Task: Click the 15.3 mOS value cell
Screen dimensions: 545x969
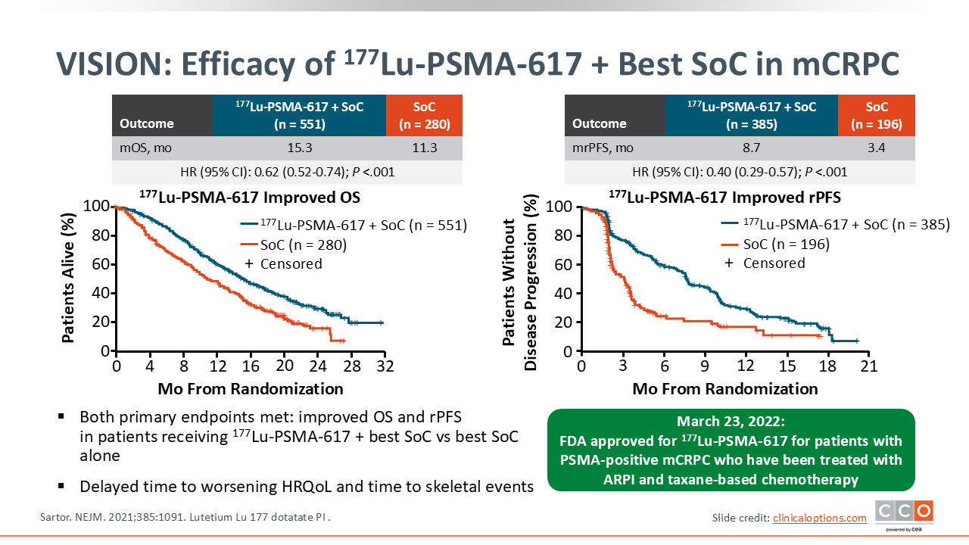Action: (299, 148)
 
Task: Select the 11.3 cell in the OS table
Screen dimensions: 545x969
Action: (424, 148)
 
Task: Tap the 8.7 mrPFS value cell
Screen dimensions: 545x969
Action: (752, 148)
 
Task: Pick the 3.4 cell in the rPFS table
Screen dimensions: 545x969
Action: (877, 148)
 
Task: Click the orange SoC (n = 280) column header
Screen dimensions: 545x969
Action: (424, 115)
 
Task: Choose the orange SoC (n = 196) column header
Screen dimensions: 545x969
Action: (877, 115)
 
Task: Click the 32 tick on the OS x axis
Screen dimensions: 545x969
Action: (385, 366)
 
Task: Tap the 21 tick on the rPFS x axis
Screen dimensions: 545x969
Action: (868, 366)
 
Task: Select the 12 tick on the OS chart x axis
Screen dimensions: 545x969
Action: (217, 366)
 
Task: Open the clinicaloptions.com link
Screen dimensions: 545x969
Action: (819, 518)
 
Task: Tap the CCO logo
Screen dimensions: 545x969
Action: (904, 512)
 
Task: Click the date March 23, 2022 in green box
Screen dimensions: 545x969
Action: (731, 422)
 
